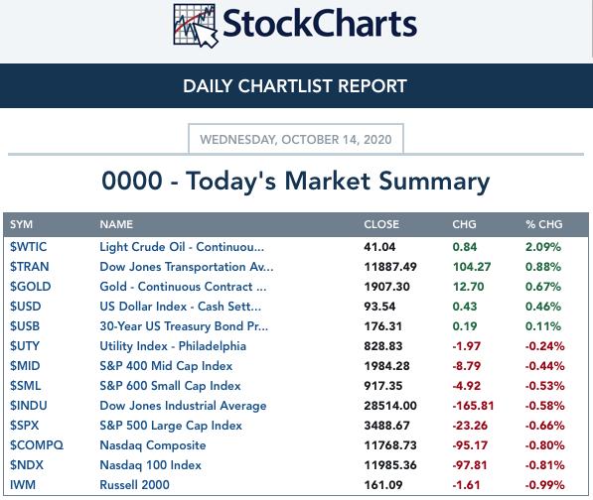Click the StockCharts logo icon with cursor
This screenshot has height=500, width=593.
tap(196, 26)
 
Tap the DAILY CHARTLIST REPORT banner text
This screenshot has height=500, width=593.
tap(295, 86)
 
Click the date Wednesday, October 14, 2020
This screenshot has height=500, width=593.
tap(296, 140)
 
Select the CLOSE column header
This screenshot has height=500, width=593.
tap(381, 224)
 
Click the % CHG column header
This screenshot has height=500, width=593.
tap(544, 224)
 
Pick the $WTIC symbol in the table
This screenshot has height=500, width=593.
tap(29, 247)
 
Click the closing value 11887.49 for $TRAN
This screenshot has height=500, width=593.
tap(390, 267)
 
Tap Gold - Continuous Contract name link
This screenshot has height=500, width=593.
tap(183, 287)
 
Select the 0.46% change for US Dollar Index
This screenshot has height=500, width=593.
tap(543, 307)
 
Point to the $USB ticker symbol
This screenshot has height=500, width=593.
tap(25, 326)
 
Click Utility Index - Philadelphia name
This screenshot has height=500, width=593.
tap(173, 346)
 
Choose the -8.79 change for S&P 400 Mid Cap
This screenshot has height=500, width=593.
tap(467, 366)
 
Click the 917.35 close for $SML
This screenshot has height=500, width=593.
tap(383, 386)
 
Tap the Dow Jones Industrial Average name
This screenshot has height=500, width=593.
tap(183, 406)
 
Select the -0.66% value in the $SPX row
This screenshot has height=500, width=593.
tap(544, 426)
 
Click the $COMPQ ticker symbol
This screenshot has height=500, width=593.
tap(37, 445)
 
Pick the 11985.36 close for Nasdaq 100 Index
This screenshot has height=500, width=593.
tap(390, 465)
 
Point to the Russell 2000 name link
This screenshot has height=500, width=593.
tap(135, 485)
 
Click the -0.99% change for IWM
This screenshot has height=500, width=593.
tap(544, 485)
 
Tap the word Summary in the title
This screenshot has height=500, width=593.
tap(434, 182)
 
